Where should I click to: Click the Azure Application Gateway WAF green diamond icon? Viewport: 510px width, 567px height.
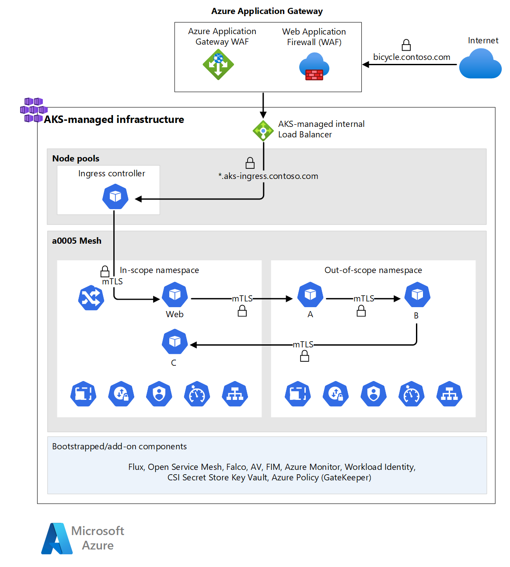218,64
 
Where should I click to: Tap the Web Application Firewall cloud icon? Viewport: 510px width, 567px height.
314,67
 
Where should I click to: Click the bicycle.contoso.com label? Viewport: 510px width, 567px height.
412,57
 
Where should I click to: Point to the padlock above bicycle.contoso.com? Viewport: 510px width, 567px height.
406,45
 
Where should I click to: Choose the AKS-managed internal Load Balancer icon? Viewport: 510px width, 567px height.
263,130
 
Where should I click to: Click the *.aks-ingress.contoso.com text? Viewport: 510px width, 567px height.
268,176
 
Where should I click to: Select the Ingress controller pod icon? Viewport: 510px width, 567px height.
115,197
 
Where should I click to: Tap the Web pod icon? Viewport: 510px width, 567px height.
175,295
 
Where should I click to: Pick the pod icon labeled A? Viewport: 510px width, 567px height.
310,295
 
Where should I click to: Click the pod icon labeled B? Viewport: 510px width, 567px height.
417,295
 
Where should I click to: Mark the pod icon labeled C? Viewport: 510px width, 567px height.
175,342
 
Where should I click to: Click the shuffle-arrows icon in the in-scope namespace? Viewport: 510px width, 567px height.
91,298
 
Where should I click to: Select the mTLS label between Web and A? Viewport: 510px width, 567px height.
242,298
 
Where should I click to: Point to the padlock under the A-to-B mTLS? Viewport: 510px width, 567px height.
361,311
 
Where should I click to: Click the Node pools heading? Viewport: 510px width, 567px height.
76,158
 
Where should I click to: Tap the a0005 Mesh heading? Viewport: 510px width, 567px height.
77,241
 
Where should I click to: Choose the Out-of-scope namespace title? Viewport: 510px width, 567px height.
373,270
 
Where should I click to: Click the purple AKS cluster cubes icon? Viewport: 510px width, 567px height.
33,109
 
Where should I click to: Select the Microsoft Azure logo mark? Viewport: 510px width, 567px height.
57,539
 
